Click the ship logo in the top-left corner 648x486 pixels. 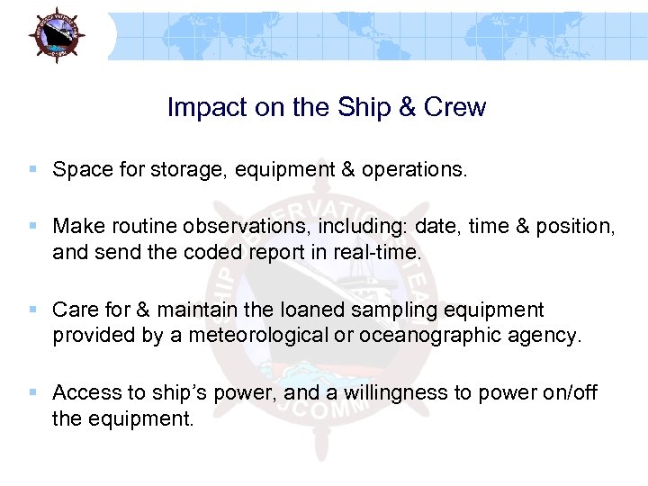(56, 33)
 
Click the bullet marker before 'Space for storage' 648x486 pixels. (33, 169)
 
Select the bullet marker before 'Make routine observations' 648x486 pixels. (33, 225)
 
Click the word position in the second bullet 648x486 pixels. (577, 226)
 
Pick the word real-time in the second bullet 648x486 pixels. (377, 253)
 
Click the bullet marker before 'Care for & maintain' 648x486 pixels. (33, 310)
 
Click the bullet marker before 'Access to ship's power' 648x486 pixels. (33, 392)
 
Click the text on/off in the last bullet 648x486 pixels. (566, 393)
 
